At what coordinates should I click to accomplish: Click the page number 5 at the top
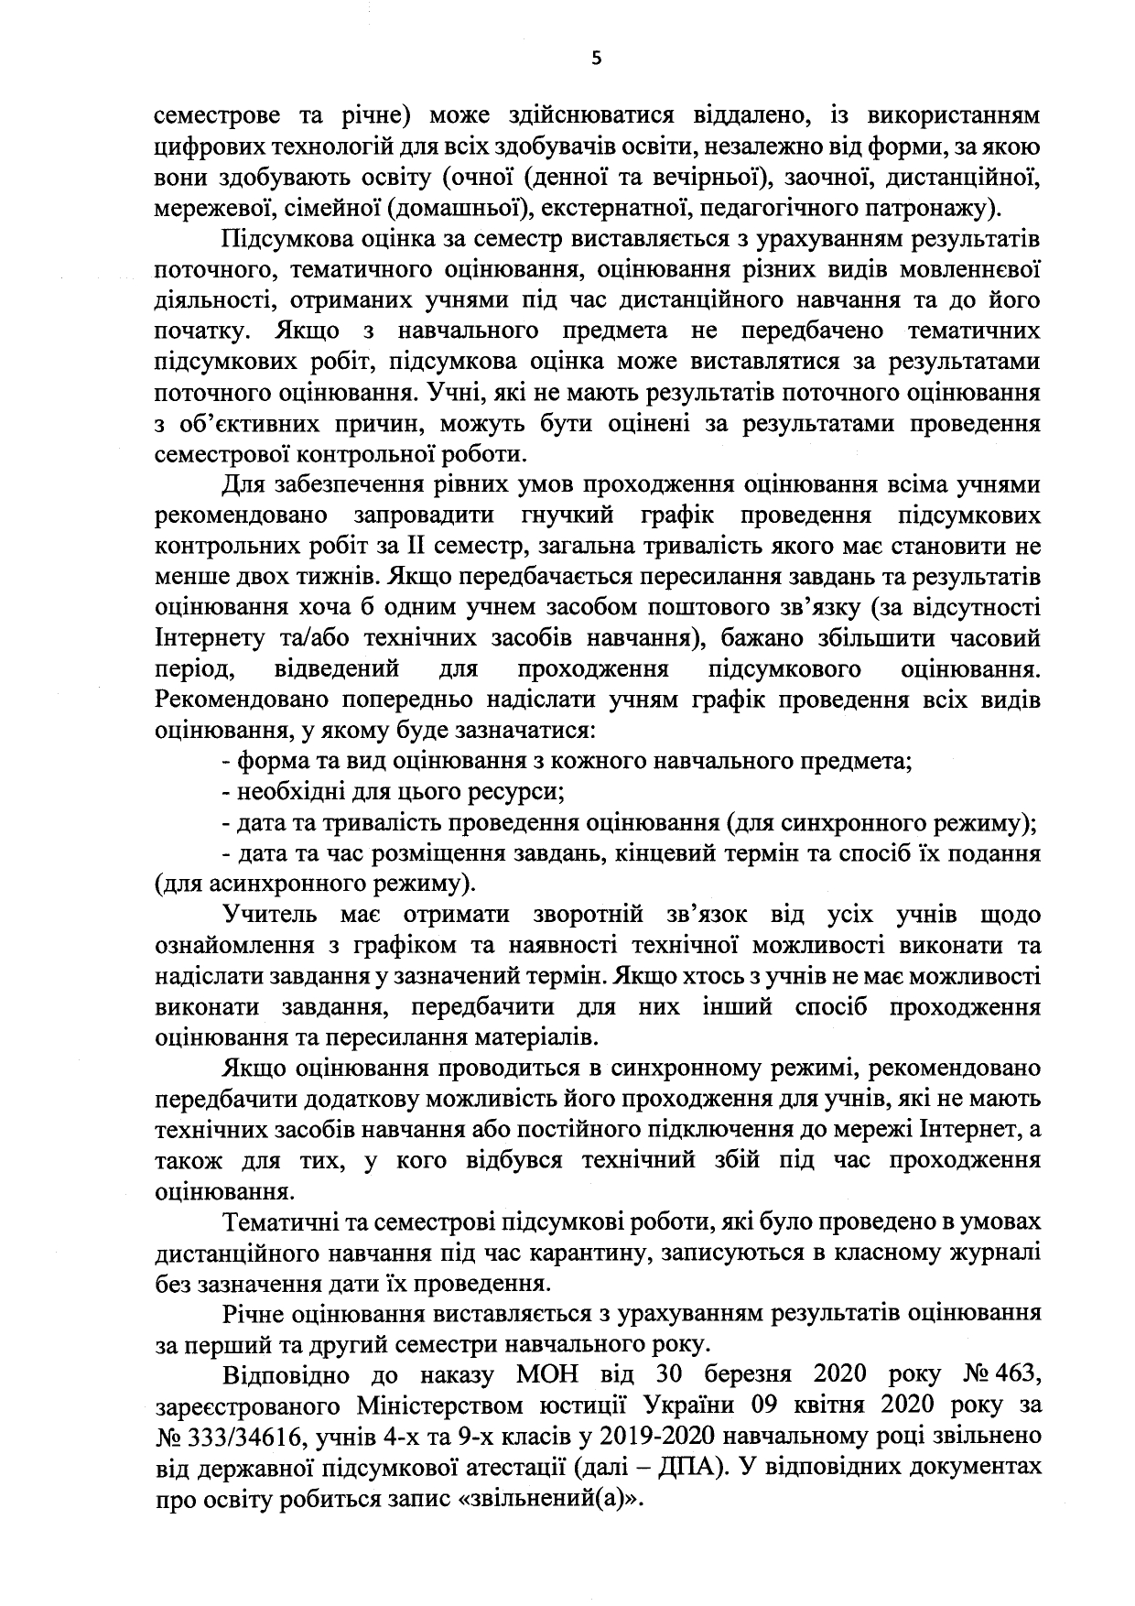coord(597,59)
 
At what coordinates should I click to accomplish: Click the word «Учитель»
coord(269,915)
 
